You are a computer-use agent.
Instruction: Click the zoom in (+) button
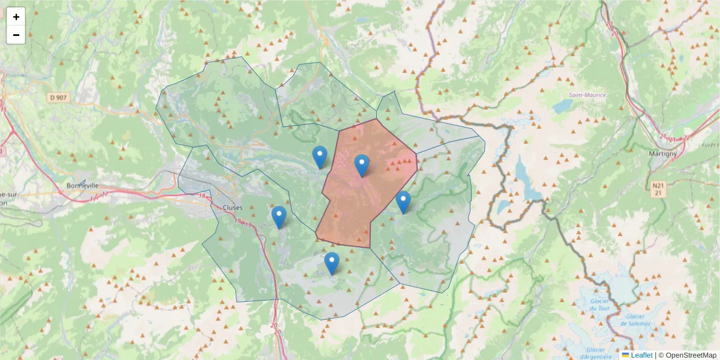coord(16,17)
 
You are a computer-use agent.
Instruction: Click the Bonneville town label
coord(83,186)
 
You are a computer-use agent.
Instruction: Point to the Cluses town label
coord(232,208)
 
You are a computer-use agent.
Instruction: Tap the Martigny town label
coord(663,153)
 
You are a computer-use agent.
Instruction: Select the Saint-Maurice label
coord(587,95)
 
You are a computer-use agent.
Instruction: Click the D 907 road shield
coord(59,97)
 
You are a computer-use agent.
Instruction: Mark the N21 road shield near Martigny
coord(658,188)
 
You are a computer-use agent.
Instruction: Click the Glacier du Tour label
coord(600,304)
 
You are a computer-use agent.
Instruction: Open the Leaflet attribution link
coord(641,355)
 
